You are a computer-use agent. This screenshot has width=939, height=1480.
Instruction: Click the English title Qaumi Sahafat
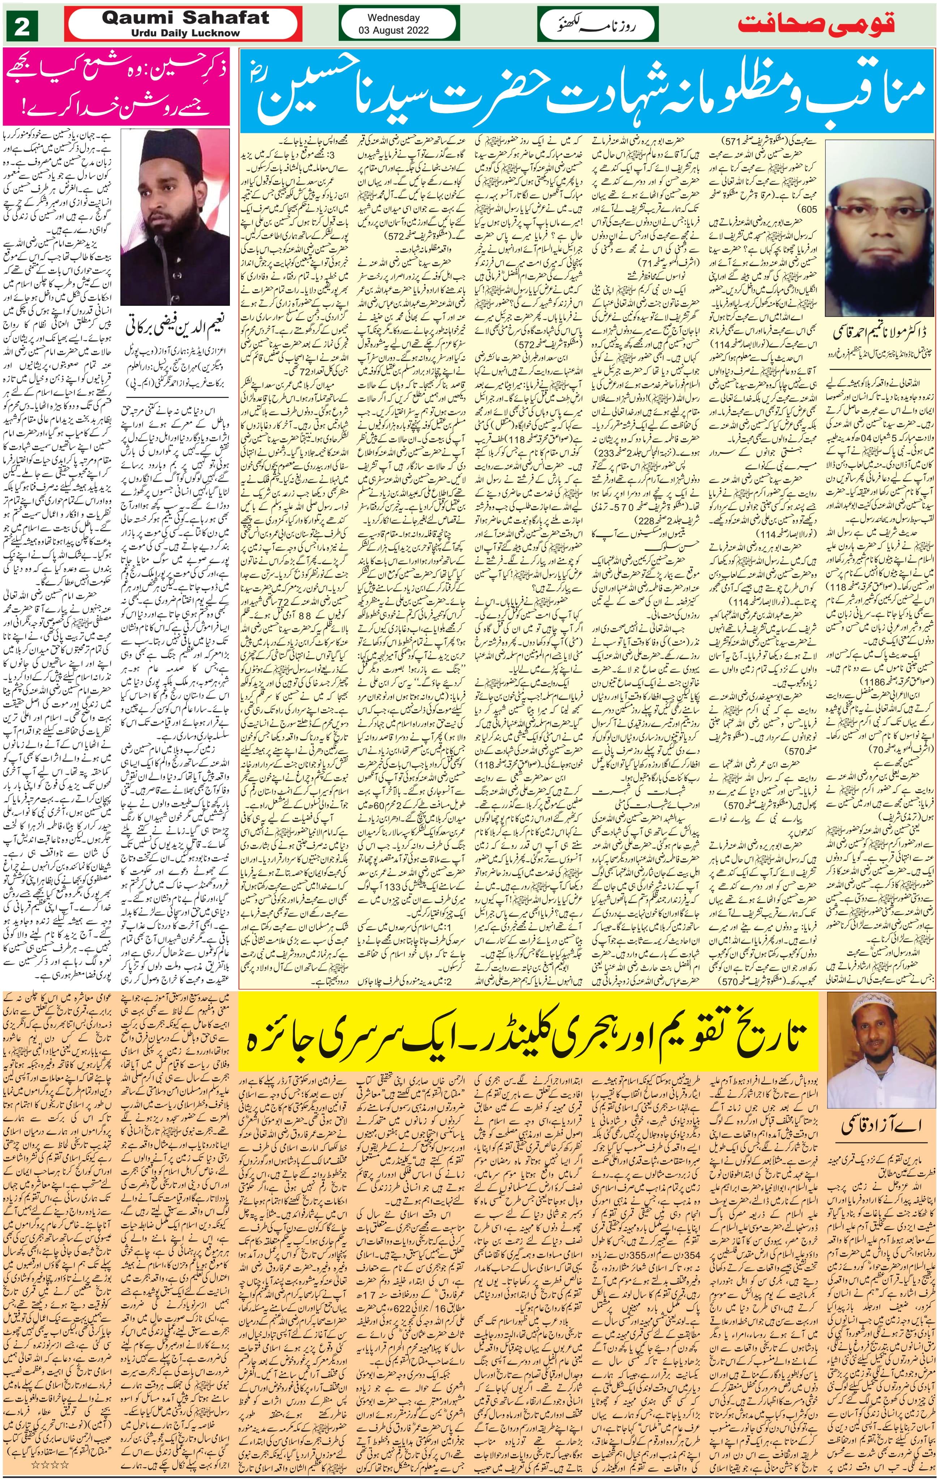coord(185,17)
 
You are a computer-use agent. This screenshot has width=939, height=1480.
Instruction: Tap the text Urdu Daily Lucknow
coord(185,33)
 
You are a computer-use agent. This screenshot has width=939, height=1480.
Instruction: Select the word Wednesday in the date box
coord(393,18)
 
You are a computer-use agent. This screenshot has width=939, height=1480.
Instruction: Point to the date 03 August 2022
coord(393,30)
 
